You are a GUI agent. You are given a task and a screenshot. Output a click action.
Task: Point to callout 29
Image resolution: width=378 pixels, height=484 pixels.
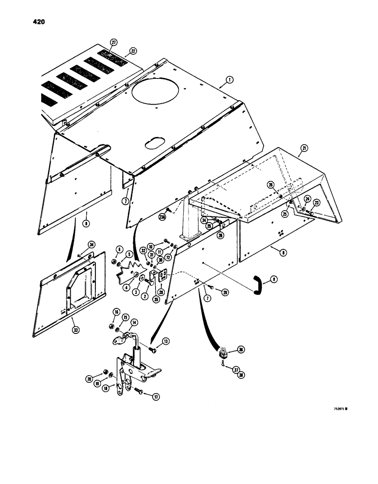[224, 292]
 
